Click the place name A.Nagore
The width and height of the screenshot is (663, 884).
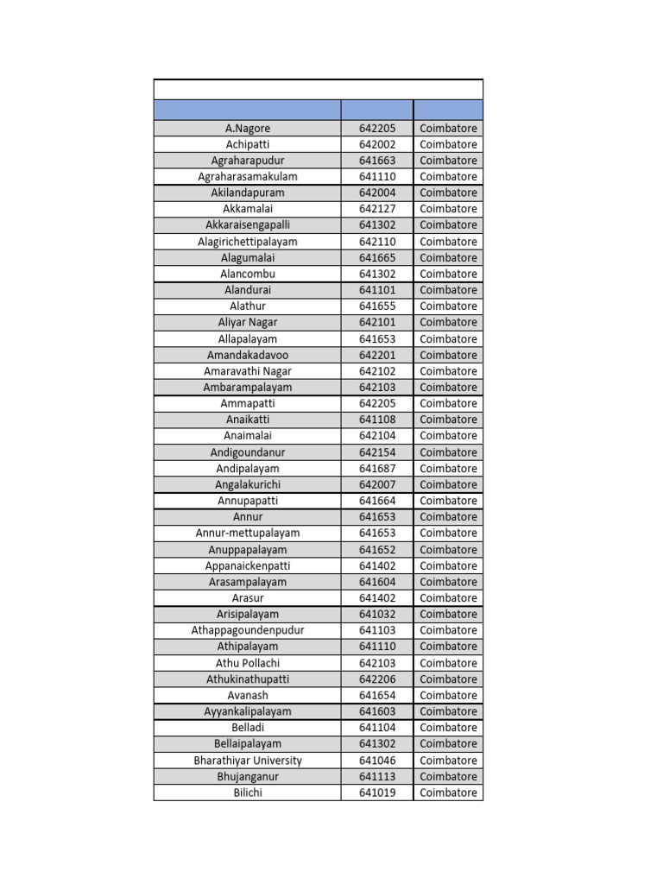click(248, 129)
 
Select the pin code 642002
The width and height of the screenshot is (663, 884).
click(377, 144)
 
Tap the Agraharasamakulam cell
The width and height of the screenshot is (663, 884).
click(248, 177)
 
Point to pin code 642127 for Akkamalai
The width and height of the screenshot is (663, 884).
click(377, 209)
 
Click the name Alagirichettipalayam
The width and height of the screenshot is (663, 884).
click(248, 242)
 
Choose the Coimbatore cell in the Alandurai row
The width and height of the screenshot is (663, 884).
click(448, 290)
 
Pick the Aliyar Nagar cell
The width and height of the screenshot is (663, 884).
click(248, 322)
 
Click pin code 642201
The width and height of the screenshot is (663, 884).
click(377, 355)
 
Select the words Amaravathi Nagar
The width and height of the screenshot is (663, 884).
click(248, 371)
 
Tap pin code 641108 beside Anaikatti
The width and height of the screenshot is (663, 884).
click(377, 420)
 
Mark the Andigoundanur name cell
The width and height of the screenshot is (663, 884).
click(248, 452)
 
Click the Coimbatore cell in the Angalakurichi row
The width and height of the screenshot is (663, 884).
click(448, 484)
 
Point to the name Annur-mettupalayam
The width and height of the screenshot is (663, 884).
click(248, 534)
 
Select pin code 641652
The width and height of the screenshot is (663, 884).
click(377, 550)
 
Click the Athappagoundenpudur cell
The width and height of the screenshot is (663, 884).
click(248, 630)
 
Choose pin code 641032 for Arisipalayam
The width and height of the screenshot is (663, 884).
click(377, 615)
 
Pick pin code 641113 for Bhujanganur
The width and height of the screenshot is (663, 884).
click(377, 777)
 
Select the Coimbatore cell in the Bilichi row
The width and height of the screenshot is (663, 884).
click(448, 792)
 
